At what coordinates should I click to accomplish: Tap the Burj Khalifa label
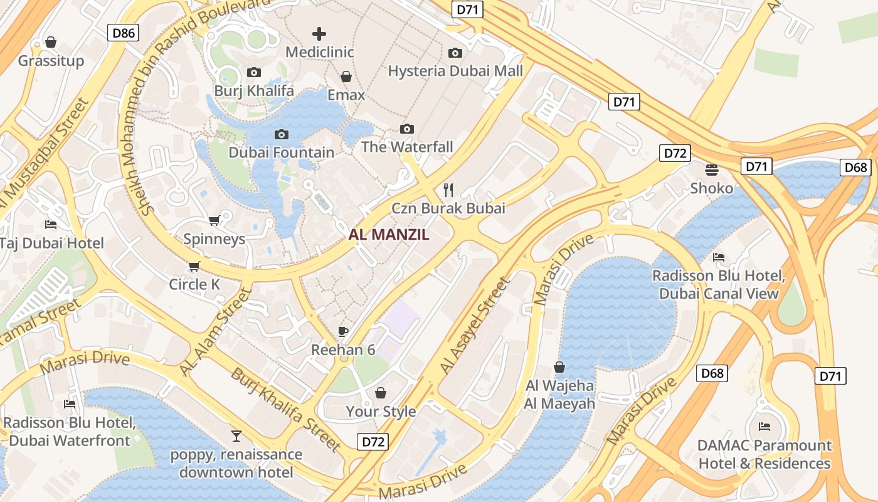254,91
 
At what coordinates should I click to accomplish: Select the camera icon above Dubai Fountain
282,134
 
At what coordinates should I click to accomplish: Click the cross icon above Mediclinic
320,34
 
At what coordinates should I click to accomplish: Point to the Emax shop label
346,95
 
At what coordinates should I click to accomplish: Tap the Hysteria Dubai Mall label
455,71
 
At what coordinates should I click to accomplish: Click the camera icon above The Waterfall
407,129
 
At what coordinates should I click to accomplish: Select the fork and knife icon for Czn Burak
448,190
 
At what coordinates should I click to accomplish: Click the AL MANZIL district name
389,235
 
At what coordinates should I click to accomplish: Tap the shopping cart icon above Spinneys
214,220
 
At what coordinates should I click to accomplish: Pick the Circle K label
194,284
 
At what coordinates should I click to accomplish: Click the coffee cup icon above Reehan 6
343,331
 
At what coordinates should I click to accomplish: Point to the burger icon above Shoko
712,169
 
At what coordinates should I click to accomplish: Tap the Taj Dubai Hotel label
52,243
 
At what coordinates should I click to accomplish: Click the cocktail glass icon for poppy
236,435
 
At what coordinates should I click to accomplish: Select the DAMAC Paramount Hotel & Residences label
764,454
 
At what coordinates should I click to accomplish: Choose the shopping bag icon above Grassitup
51,42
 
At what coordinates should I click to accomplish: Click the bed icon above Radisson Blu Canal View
719,257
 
